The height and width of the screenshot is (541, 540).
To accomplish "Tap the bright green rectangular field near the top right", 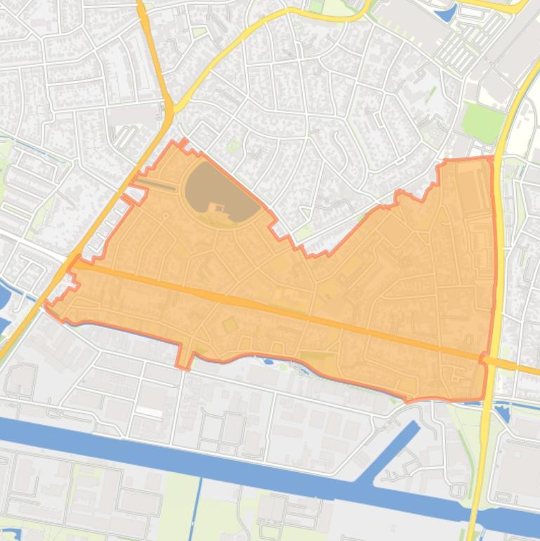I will (483, 121).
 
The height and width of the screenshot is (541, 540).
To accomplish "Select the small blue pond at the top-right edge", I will (445, 12).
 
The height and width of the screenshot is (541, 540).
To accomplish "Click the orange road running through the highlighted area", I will (281, 309).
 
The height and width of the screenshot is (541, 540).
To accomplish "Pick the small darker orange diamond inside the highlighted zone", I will (229, 325).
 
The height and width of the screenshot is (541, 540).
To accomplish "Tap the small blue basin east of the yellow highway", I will (503, 411).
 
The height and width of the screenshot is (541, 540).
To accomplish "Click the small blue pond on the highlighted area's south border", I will (270, 362).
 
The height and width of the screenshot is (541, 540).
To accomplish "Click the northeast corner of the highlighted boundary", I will (490, 159).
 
